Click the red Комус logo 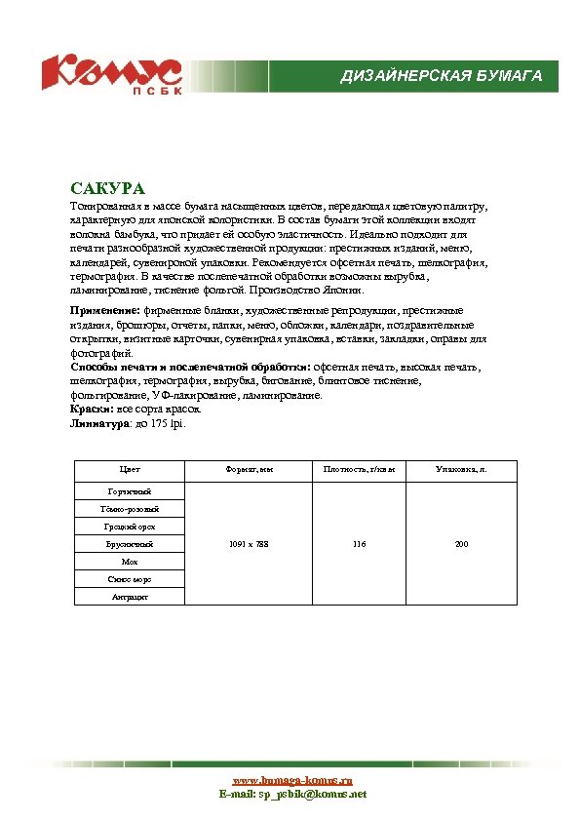(x=111, y=74)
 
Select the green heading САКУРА (x=107, y=187)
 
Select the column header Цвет (x=130, y=470)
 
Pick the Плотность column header (x=359, y=470)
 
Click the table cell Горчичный (x=130, y=491)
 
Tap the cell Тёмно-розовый (x=130, y=509)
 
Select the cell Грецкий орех (x=130, y=527)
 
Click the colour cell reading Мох (x=130, y=562)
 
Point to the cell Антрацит (x=130, y=597)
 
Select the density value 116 (x=359, y=544)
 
